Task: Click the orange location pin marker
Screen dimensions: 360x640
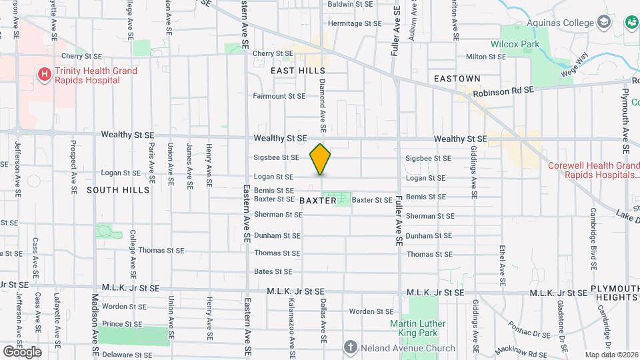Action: point(321,159)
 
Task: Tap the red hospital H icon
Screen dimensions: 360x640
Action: point(45,74)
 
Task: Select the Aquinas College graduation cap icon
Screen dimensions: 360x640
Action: point(603,23)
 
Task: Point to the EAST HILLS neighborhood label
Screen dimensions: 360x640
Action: point(298,71)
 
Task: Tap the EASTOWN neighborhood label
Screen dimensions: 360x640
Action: point(457,79)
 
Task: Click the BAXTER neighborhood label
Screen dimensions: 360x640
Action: point(317,201)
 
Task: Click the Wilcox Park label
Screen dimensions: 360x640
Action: point(514,44)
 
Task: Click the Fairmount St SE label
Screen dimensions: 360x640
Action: point(279,96)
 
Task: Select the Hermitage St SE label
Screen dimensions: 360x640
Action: point(355,23)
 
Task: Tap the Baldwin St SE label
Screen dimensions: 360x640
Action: point(349,4)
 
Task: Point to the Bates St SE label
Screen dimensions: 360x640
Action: point(273,271)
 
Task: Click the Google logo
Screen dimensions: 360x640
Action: point(21,351)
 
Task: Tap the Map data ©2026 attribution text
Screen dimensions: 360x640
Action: point(611,355)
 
